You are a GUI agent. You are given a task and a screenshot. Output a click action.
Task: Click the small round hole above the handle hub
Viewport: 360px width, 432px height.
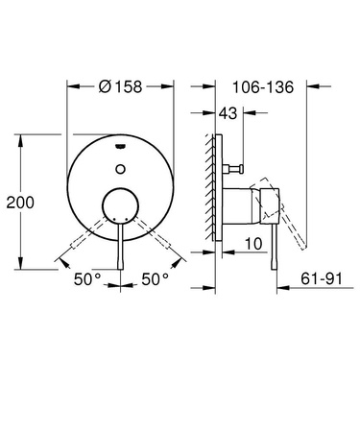(x=119, y=167)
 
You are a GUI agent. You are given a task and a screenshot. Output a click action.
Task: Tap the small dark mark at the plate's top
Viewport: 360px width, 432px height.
(x=119, y=147)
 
